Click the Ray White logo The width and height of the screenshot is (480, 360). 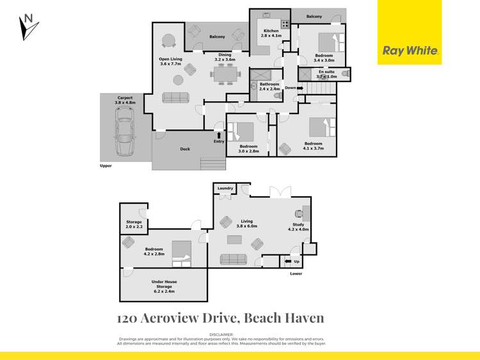[409, 51]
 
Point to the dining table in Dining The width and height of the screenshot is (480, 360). [225, 74]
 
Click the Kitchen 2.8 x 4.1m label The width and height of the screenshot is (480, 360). [271, 33]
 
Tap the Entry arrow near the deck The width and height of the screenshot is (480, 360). [219, 135]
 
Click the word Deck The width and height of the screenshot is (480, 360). [185, 149]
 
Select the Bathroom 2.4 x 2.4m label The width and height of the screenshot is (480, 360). [269, 86]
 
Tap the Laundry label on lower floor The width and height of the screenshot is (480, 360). [225, 188]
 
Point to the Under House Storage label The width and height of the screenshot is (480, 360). [164, 286]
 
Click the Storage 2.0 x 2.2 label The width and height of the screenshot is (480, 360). [134, 224]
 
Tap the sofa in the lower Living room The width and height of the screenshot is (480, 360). [234, 259]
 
